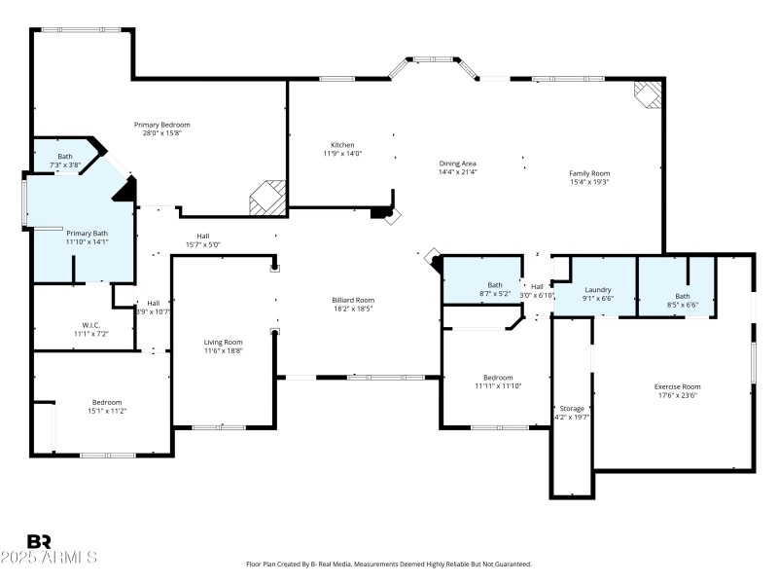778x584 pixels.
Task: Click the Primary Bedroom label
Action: coord(161,125)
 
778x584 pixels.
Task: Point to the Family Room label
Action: coord(588,173)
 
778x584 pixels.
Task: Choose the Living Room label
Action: coord(223,342)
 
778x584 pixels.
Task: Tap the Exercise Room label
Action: coord(677,386)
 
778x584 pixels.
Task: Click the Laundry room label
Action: coord(596,289)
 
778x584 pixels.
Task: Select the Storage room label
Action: coord(572,408)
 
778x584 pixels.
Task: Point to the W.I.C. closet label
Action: coord(92,325)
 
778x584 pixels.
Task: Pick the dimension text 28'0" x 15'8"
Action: coord(161,133)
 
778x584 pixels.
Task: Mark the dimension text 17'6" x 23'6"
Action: coord(677,395)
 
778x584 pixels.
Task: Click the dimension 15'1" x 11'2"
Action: coord(107,411)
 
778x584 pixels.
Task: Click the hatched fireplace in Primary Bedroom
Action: coord(267,199)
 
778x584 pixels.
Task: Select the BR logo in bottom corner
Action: coord(39,542)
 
